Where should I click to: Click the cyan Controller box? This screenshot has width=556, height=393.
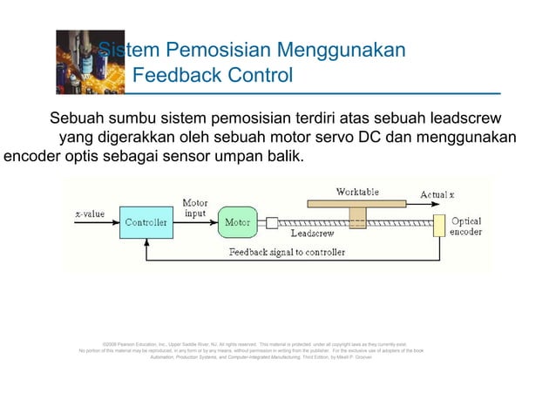point(147,222)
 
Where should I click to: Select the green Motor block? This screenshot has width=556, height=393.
point(238,222)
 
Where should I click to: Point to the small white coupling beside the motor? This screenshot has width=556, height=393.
point(272,223)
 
